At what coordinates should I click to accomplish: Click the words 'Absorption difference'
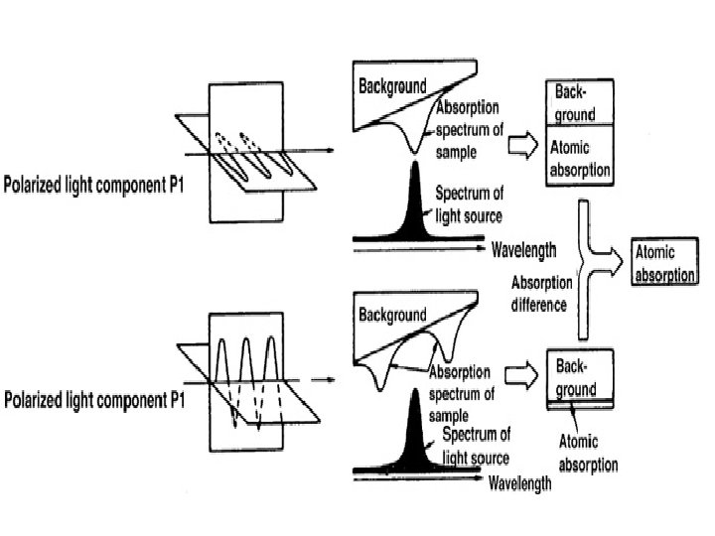[538, 295]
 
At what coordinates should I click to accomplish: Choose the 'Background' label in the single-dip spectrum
[392, 86]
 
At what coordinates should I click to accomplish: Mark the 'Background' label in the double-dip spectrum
[392, 316]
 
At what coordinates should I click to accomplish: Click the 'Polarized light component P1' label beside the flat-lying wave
[97, 185]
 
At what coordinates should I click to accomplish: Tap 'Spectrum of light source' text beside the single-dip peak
[469, 203]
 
